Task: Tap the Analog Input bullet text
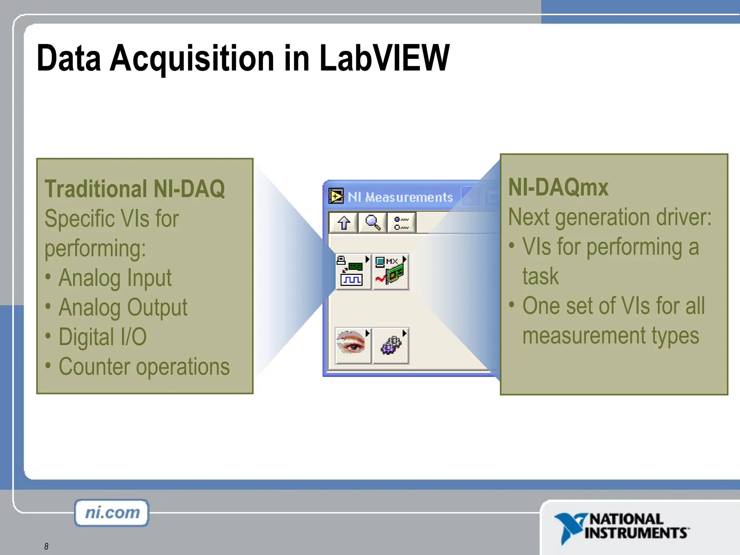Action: tap(115, 278)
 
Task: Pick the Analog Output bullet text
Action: tap(123, 307)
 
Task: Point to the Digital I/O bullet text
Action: tap(103, 337)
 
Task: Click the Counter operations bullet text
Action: tap(144, 367)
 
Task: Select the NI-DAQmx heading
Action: tap(558, 187)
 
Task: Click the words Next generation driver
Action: tap(610, 217)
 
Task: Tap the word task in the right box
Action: tap(541, 276)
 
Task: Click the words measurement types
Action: tap(611, 336)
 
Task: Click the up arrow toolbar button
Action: tap(344, 223)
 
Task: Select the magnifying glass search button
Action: tap(373, 223)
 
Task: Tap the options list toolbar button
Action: tap(401, 223)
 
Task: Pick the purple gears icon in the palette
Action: tap(391, 345)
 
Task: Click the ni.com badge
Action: tap(112, 513)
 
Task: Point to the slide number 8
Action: tap(46, 546)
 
